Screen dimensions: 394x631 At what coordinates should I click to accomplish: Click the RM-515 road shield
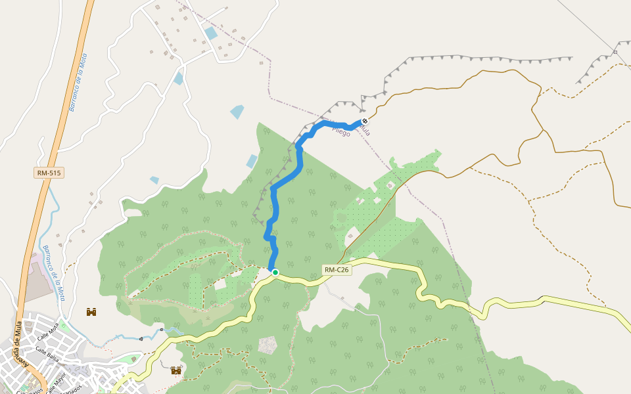pos(49,173)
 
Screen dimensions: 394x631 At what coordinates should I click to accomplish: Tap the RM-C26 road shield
pos(337,270)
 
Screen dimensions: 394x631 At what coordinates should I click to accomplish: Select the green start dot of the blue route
pos(275,272)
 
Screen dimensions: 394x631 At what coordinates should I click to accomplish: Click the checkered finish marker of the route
pos(365,121)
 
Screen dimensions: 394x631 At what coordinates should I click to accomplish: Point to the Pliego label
pos(341,132)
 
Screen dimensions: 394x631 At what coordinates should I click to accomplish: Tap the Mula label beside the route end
pos(363,131)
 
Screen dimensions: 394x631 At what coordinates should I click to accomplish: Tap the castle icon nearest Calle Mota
pos(91,312)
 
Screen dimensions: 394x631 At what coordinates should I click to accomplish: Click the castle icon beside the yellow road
pos(176,371)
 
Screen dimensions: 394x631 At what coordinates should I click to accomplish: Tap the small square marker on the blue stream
pos(162,329)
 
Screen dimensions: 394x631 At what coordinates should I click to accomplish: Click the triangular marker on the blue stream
pos(141,339)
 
